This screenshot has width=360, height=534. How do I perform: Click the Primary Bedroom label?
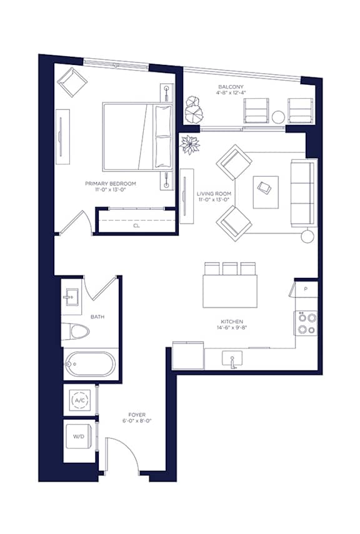coord(111,184)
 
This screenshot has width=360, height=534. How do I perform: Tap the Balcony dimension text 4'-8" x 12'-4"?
coord(231,92)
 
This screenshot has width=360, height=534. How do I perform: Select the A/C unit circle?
coord(79,400)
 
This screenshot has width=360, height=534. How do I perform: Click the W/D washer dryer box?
coord(78,437)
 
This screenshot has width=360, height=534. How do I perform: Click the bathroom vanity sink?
coord(71,297)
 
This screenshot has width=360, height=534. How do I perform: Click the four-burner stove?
coord(306,323)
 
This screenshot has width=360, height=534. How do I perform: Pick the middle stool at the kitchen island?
coord(230,269)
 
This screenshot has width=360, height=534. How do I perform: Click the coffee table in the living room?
coord(266,192)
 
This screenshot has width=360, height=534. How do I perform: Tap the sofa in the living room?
coord(304,193)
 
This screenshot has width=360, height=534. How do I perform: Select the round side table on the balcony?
coord(278,117)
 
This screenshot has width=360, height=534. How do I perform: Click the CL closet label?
coord(136,226)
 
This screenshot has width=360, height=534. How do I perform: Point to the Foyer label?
coord(137,415)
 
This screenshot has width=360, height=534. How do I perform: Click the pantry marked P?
coord(306,289)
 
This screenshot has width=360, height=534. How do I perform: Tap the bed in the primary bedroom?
coord(137,136)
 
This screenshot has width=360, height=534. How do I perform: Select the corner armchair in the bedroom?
coord(72,82)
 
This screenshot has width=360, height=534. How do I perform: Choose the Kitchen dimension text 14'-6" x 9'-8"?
coord(231,328)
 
